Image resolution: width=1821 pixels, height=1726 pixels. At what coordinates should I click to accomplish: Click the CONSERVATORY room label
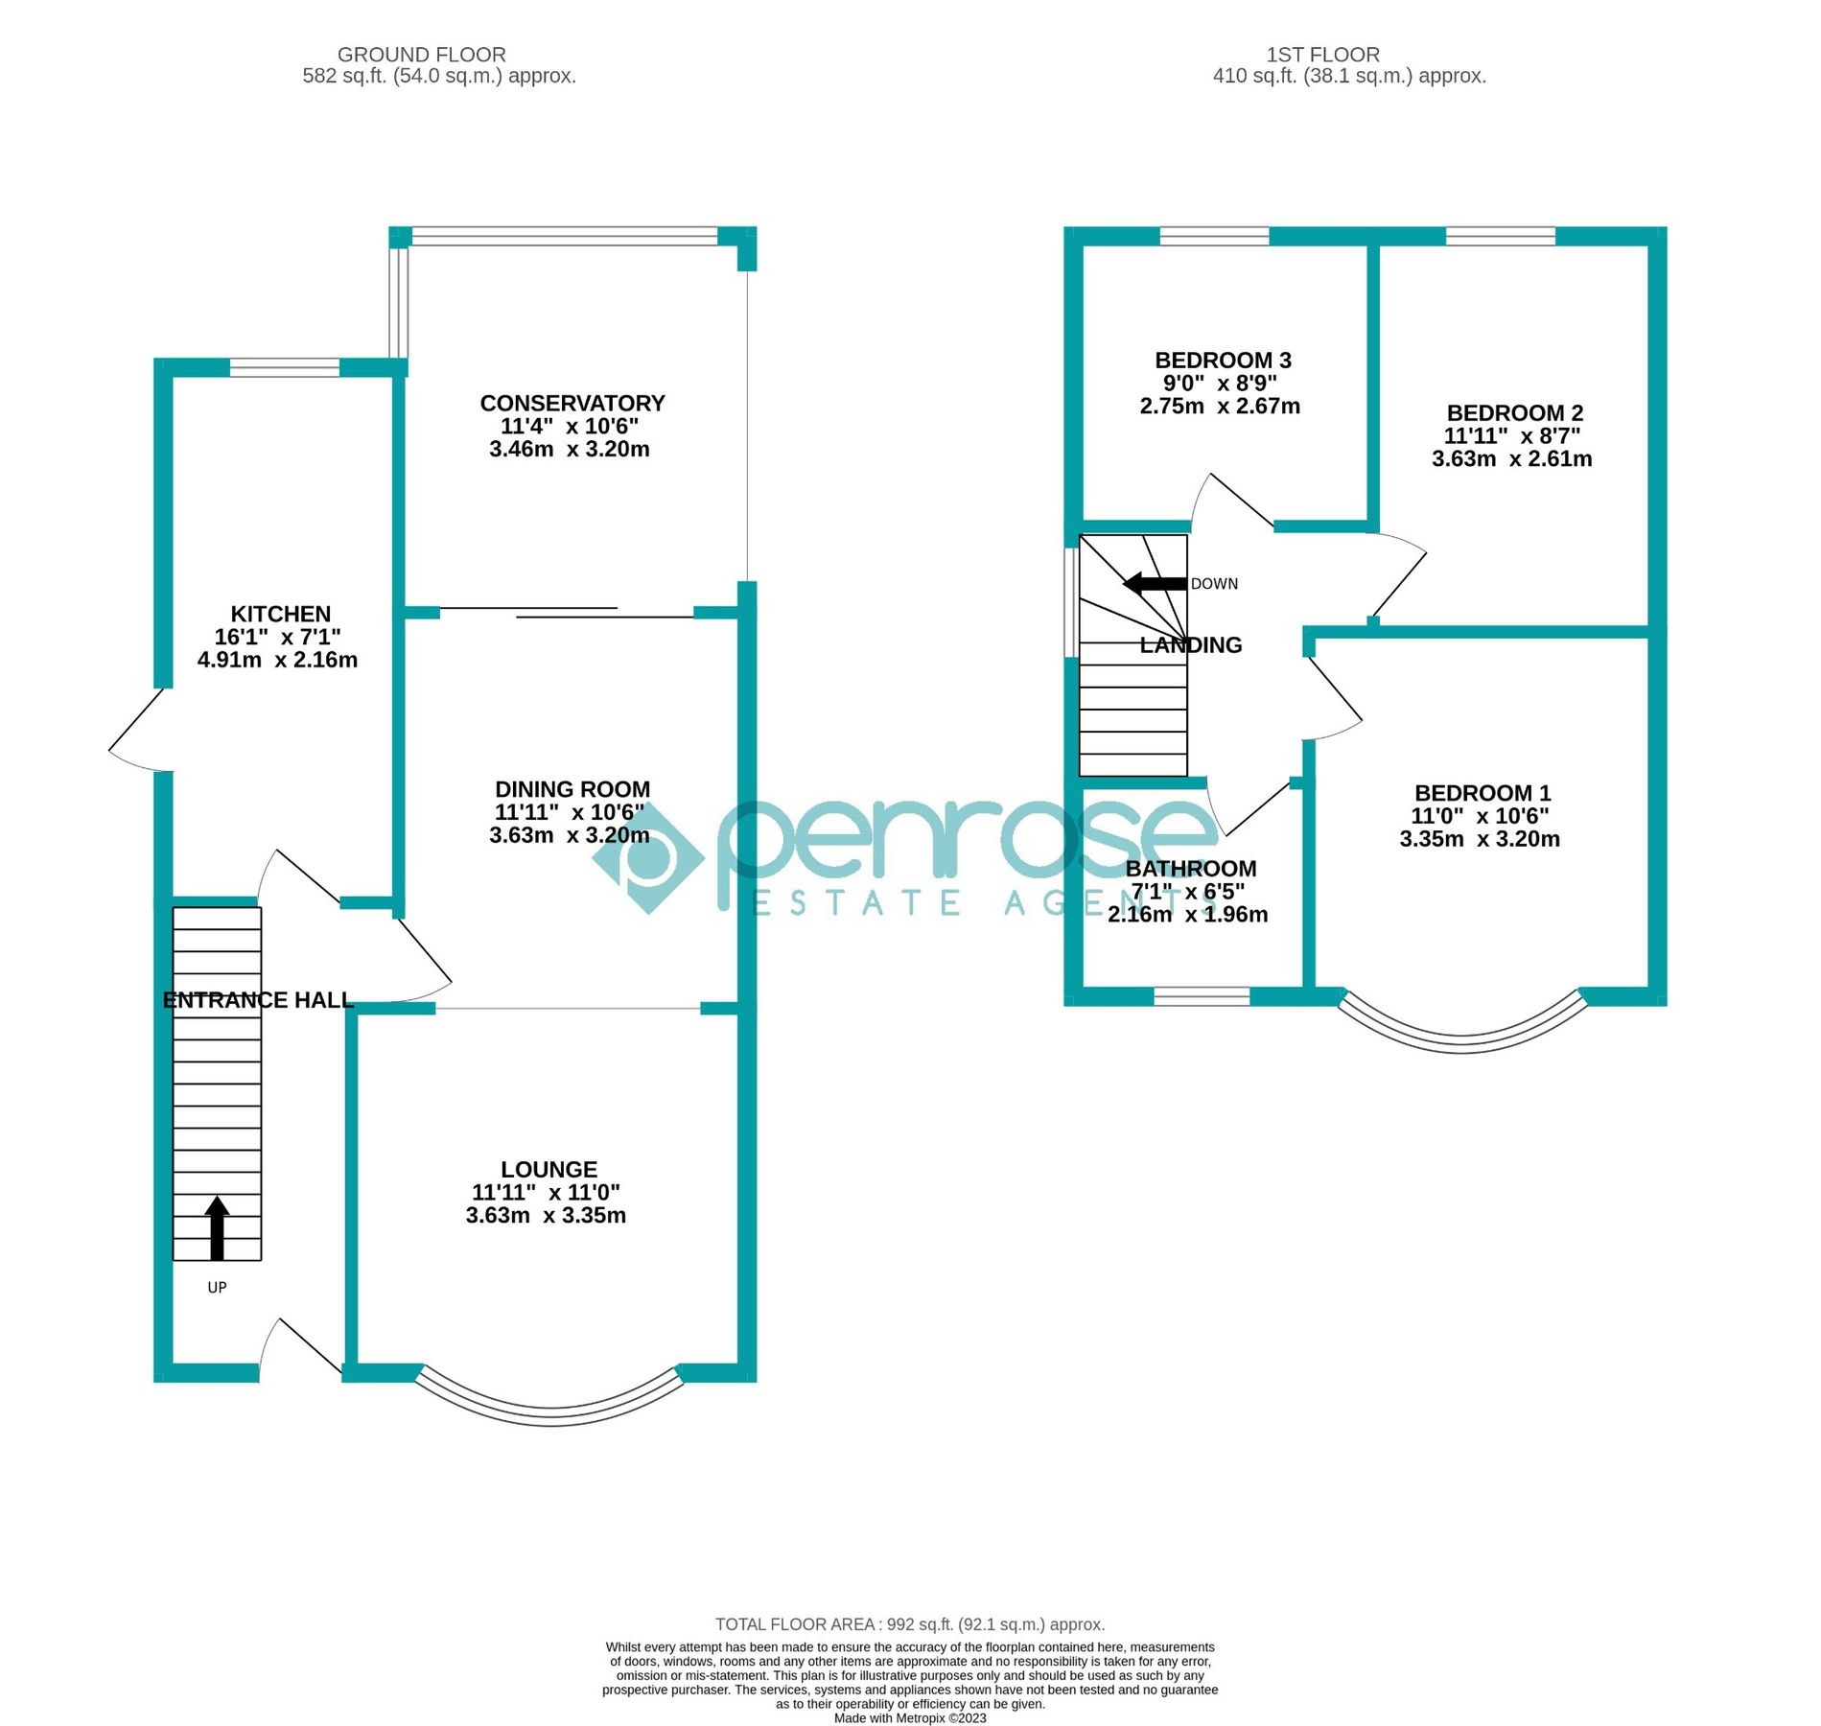click(572, 404)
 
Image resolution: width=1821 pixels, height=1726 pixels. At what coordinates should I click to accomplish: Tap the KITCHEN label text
click(280, 615)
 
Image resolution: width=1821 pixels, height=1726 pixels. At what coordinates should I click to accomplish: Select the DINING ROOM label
click(572, 790)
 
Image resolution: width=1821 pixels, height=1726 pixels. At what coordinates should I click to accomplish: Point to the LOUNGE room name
click(549, 1170)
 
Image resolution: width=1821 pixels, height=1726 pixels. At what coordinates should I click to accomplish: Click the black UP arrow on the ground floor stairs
click(218, 1228)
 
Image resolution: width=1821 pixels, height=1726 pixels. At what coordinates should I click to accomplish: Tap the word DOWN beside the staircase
click(1214, 584)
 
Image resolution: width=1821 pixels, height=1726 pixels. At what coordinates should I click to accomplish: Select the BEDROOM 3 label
click(1223, 362)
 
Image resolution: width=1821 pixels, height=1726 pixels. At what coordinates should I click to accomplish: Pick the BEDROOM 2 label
click(1514, 413)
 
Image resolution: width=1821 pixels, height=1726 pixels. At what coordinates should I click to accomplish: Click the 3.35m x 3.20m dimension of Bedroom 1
click(1479, 840)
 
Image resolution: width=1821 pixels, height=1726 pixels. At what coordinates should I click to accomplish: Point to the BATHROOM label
click(1190, 870)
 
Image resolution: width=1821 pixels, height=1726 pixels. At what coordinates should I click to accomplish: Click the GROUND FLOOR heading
click(421, 55)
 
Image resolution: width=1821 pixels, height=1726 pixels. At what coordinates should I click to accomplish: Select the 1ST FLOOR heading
click(1322, 55)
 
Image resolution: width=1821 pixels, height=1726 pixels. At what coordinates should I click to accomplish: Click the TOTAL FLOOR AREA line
click(909, 1624)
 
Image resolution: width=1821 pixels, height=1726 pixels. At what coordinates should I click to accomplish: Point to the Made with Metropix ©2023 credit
click(909, 1718)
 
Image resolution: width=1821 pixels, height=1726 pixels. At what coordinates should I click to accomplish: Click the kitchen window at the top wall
click(284, 367)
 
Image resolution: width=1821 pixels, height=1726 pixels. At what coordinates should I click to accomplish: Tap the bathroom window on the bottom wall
click(1202, 997)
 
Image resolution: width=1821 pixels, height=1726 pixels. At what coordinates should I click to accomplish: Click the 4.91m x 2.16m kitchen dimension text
click(277, 661)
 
